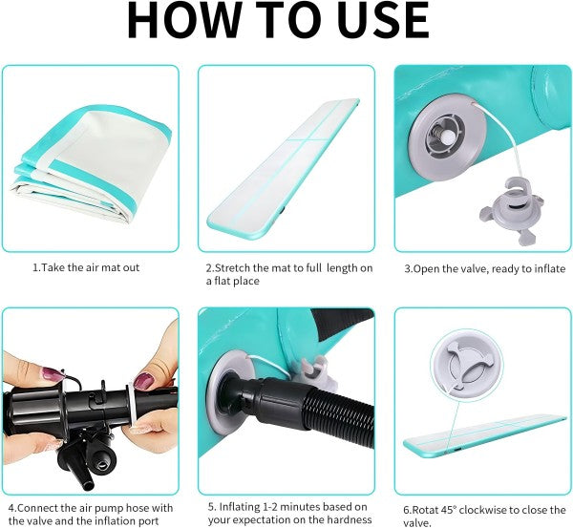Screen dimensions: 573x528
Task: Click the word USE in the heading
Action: (x=383, y=20)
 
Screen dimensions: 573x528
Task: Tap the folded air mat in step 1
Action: (x=93, y=163)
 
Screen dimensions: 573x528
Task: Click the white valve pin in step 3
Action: (x=447, y=137)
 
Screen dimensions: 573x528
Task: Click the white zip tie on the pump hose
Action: (x=133, y=407)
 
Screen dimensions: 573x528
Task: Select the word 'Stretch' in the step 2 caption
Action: (x=232, y=268)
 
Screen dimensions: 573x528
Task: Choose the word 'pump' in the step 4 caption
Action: (x=113, y=509)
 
